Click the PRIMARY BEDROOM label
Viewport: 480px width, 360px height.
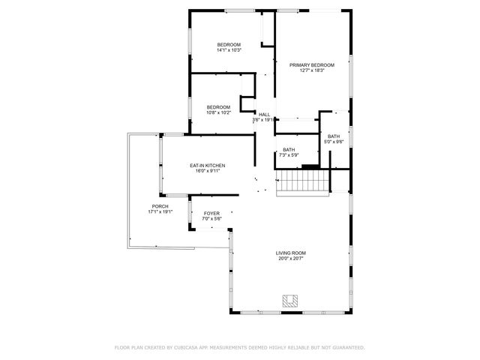tap(312, 65)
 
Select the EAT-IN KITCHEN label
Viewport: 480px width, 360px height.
tap(208, 165)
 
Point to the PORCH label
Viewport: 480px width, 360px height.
tap(160, 206)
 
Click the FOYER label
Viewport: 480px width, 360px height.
tap(212, 213)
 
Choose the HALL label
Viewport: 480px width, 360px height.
tap(264, 114)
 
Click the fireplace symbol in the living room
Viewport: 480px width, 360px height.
tap(290, 301)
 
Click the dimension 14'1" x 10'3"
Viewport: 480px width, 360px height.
tap(229, 51)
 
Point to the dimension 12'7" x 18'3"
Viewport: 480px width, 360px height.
tap(312, 71)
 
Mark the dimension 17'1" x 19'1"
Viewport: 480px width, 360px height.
tap(160, 212)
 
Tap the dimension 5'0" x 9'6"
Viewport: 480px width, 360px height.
tap(333, 142)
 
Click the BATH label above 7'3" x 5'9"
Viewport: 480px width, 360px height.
tap(289, 149)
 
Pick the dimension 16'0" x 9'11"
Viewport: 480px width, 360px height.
tap(208, 171)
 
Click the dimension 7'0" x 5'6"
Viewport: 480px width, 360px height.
tap(212, 219)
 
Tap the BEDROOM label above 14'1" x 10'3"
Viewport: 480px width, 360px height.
tap(229, 45)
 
